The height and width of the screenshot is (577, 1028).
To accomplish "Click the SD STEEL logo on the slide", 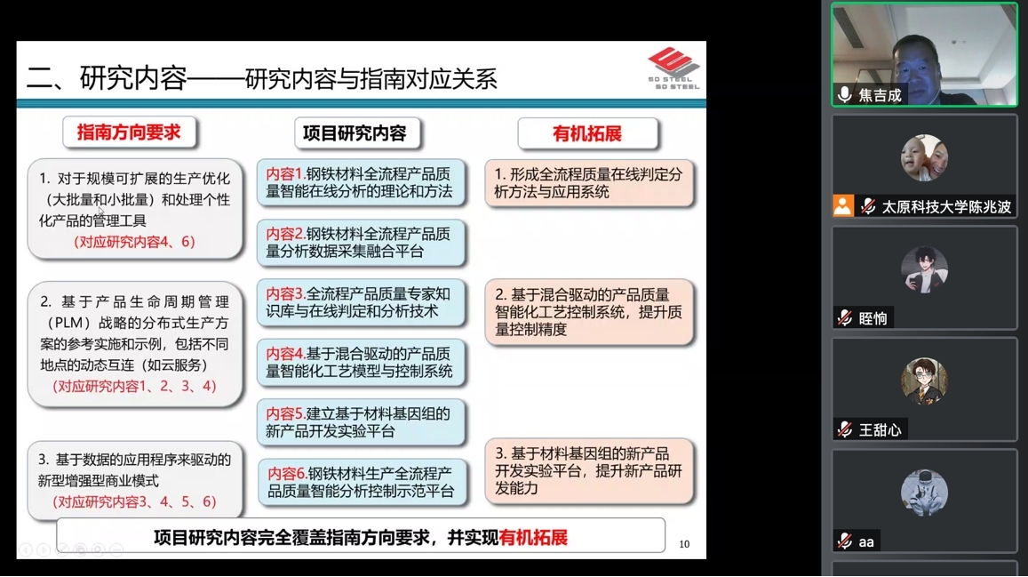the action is [674, 68].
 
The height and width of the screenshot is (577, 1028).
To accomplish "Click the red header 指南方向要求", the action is [129, 132].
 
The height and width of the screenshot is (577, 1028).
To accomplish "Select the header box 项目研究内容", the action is [355, 133].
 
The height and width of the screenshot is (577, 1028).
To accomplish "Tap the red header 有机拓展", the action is [586, 133].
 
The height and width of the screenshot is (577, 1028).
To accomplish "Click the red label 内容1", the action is [284, 173].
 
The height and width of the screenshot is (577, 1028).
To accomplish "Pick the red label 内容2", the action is [284, 234].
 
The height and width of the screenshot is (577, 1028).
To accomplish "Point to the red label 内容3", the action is [284, 293].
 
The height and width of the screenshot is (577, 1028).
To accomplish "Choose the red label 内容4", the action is [284, 354].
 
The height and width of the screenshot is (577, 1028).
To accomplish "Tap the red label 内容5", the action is [284, 413].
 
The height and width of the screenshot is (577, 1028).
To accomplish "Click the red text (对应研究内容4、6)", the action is [134, 242].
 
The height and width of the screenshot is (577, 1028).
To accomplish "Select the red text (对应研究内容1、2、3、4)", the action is [134, 386].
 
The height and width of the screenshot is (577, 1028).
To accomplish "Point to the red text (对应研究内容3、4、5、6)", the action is [134, 501].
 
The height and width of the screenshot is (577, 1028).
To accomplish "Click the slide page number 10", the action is [684, 544].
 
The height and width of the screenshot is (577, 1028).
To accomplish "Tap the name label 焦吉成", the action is [880, 96].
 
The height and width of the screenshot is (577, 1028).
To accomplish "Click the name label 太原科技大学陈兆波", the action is [946, 207].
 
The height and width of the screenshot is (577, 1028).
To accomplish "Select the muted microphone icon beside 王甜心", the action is [845, 430].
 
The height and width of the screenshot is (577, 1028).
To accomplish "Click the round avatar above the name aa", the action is [924, 492].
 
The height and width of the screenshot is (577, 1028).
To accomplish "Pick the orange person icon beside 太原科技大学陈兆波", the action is [843, 206].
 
